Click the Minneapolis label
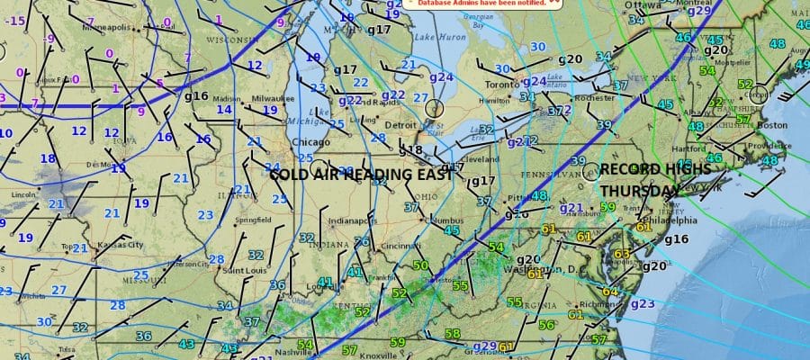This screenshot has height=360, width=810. pyautogui.click(x=105, y=27)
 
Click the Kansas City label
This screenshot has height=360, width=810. pyautogui.click(x=121, y=244)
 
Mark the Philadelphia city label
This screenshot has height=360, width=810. pyautogui.click(x=670, y=220)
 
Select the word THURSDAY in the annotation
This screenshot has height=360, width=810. pyautogui.click(x=640, y=191)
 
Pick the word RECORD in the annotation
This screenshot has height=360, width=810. pyautogui.click(x=626, y=169)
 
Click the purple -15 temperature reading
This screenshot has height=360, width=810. pyautogui.click(x=14, y=20)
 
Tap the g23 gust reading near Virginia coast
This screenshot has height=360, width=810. pyautogui.click(x=643, y=303)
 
